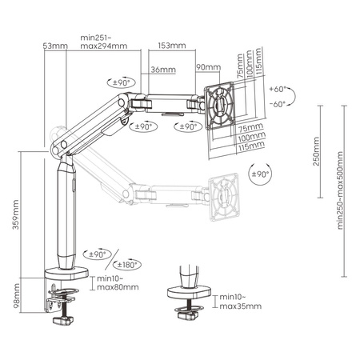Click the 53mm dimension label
click(54, 46)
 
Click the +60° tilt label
click(278, 90)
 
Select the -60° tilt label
click(278, 104)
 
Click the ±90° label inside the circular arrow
click(259, 174)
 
